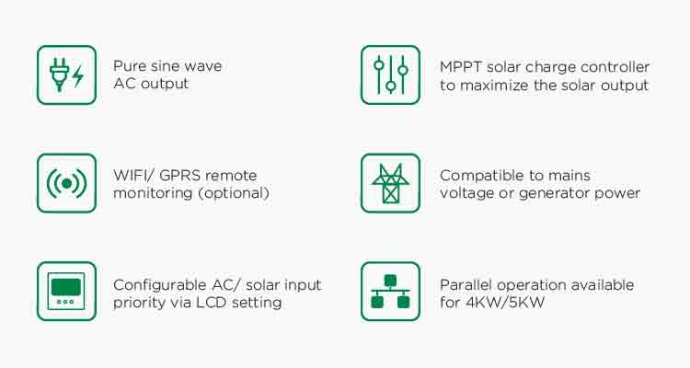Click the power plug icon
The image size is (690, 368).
(60, 75)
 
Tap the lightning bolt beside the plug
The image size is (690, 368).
(78, 76)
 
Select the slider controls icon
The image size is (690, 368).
(391, 75)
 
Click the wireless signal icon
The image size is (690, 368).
(66, 183)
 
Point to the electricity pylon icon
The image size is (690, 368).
(390, 184)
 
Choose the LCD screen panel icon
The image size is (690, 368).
(66, 291)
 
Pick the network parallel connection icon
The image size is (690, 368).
(390, 292)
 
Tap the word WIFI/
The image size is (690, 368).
(132, 175)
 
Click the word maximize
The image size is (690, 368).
(495, 85)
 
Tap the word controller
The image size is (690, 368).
(615, 67)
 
